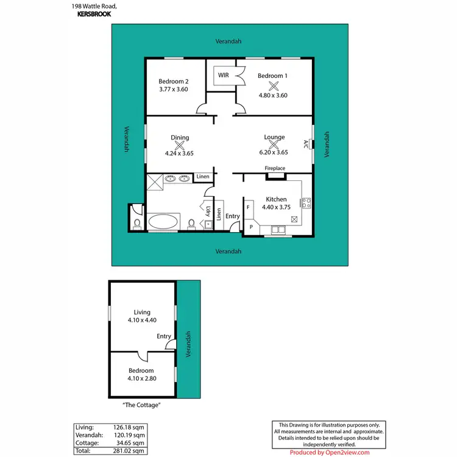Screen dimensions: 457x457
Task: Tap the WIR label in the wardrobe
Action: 223,76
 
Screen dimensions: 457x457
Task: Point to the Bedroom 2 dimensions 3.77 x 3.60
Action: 174,90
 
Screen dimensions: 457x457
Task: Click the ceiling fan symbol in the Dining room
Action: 180,145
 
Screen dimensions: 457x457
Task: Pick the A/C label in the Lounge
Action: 306,144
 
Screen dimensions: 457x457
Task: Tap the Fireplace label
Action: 274,169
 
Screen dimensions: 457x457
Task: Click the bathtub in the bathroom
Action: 165,221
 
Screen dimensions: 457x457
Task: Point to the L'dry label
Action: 208,213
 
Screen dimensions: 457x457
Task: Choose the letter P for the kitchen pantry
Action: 250,227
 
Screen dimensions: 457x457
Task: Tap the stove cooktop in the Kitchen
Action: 306,203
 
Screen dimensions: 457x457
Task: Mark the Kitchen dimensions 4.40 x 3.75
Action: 276,207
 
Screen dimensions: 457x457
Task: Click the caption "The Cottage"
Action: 141,405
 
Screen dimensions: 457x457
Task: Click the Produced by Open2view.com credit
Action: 329,453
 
